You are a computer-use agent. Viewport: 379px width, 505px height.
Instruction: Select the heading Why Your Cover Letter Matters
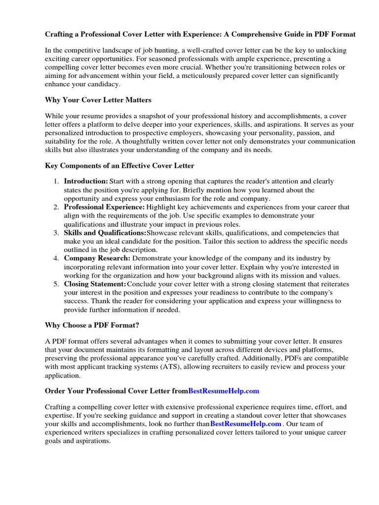pyautogui.click(x=98, y=100)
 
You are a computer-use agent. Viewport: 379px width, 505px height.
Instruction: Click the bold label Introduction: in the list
pyautogui.click(x=86, y=181)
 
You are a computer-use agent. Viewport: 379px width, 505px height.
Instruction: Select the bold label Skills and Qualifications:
pyautogui.click(x=105, y=233)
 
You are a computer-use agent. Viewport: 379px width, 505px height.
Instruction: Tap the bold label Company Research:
pyautogui.click(x=97, y=258)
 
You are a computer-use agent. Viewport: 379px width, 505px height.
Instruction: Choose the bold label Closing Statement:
pyautogui.click(x=95, y=284)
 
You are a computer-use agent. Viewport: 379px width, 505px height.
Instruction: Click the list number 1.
pyautogui.click(x=57, y=181)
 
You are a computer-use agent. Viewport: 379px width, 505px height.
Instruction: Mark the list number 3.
pyautogui.click(x=57, y=233)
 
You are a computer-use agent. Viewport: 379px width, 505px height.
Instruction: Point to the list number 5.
pyautogui.click(x=57, y=284)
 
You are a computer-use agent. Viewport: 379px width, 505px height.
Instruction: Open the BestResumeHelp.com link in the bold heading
pyautogui.click(x=224, y=391)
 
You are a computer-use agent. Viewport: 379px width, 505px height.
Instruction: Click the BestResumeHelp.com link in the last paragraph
pyautogui.click(x=246, y=424)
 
